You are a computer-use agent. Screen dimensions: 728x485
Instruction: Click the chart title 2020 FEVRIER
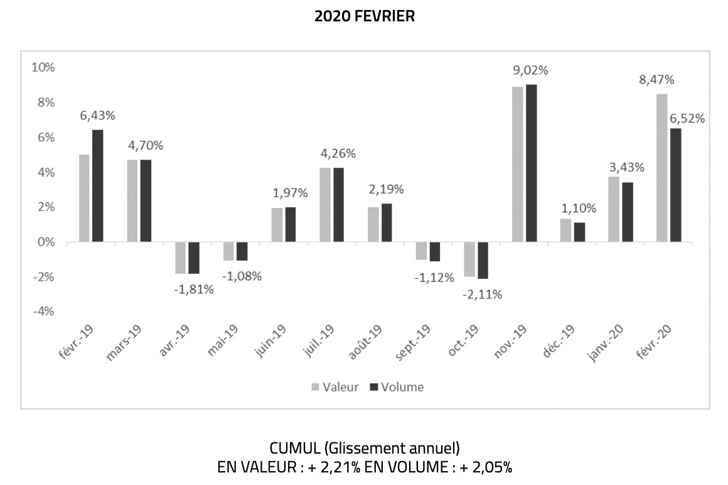(365, 16)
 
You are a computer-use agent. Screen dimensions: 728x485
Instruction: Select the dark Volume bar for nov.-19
(531, 163)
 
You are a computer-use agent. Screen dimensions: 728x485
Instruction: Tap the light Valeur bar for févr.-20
(661, 168)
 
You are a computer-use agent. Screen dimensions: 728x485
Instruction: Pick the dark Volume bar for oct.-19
(483, 261)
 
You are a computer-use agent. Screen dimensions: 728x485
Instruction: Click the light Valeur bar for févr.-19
(84, 199)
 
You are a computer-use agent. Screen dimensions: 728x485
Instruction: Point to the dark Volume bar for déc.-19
(579, 232)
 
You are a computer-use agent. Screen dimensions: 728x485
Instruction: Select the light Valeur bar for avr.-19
(180, 258)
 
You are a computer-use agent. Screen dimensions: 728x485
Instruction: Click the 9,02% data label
(530, 70)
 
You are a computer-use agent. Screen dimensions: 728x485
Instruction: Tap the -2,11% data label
(483, 295)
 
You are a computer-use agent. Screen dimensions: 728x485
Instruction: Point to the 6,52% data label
(687, 119)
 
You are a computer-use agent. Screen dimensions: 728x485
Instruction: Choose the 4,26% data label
(338, 154)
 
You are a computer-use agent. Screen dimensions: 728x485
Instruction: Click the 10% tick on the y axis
(43, 68)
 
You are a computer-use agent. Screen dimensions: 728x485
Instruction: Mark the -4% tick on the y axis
(43, 311)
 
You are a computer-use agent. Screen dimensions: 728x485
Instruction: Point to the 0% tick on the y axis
(46, 242)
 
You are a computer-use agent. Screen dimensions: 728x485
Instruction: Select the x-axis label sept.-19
(413, 342)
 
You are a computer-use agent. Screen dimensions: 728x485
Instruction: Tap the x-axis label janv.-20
(606, 343)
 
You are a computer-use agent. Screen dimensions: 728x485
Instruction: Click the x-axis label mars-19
(124, 343)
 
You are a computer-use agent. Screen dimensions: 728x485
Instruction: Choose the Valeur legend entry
(335, 388)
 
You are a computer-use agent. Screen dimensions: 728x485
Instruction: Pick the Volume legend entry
(397, 388)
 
